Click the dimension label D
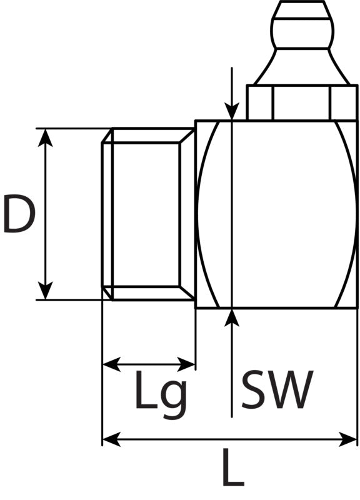pyautogui.click(x=19, y=213)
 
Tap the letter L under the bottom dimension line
pyautogui.click(x=232, y=467)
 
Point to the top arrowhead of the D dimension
pyautogui.click(x=46, y=137)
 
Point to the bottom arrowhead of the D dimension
pyautogui.click(x=46, y=291)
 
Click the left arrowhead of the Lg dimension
pyautogui.click(x=112, y=364)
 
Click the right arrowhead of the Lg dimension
pyautogui.click(x=186, y=364)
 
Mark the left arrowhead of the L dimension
pyautogui.click(x=112, y=439)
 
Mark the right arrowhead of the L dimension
pyautogui.click(x=347, y=439)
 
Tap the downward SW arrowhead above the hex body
pyautogui.click(x=232, y=111)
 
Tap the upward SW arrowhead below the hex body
pyautogui.click(x=232, y=317)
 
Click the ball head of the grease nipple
pyautogui.click(x=302, y=26)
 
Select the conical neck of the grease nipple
pyautogui.click(x=302, y=67)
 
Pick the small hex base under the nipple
pyautogui.click(x=302, y=102)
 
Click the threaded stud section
pyautogui.click(x=148, y=214)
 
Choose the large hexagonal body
pyautogui.click(x=276, y=214)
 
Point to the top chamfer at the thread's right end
pyautogui.click(x=187, y=135)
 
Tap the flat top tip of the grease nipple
pyautogui.click(x=302, y=2)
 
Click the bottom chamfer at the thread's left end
pyautogui.click(x=107, y=293)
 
